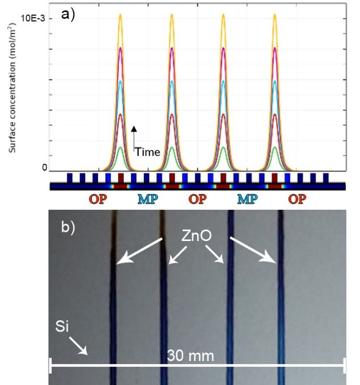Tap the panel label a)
[69, 14]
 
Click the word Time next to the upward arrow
[147, 151]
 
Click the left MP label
[147, 199]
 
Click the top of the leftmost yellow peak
[120, 14]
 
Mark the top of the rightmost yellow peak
[275, 14]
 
